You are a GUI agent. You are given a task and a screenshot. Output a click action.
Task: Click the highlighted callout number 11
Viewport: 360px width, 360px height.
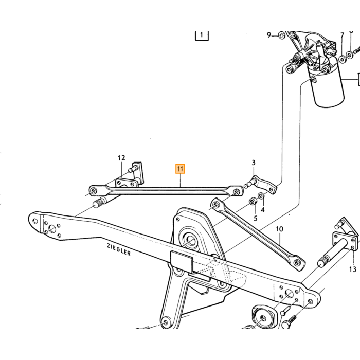[180, 169]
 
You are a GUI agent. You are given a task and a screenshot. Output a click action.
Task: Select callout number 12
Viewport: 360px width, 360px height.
[121, 158]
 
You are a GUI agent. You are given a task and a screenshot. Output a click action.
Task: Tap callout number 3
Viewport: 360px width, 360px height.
[253, 163]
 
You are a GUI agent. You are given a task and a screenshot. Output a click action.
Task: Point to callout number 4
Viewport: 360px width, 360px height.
[263, 210]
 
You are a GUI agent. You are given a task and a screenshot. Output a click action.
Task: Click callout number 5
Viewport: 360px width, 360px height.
[255, 219]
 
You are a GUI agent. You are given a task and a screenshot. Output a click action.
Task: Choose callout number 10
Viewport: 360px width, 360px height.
[279, 229]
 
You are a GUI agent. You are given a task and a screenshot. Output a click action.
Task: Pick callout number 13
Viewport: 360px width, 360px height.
[353, 269]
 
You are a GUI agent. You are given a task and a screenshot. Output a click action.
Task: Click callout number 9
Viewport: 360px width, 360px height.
[269, 35]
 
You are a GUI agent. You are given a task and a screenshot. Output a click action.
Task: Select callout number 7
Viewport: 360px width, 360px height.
[343, 35]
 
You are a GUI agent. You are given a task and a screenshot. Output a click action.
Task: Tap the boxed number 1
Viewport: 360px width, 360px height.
[202, 35]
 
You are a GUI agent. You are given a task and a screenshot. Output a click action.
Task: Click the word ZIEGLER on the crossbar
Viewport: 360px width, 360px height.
[119, 249]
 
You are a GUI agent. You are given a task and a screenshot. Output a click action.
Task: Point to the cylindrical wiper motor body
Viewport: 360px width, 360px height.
[327, 85]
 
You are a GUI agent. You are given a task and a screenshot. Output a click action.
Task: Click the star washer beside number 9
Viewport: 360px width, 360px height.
[281, 35]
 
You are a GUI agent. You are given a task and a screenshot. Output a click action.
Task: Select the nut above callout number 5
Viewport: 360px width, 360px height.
[253, 202]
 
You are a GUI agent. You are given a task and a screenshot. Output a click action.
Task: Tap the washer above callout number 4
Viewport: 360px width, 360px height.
[261, 196]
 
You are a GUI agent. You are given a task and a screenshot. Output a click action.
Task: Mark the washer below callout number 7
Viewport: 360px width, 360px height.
[343, 60]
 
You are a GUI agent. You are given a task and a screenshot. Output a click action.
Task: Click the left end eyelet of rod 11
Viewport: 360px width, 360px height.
[94, 191]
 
